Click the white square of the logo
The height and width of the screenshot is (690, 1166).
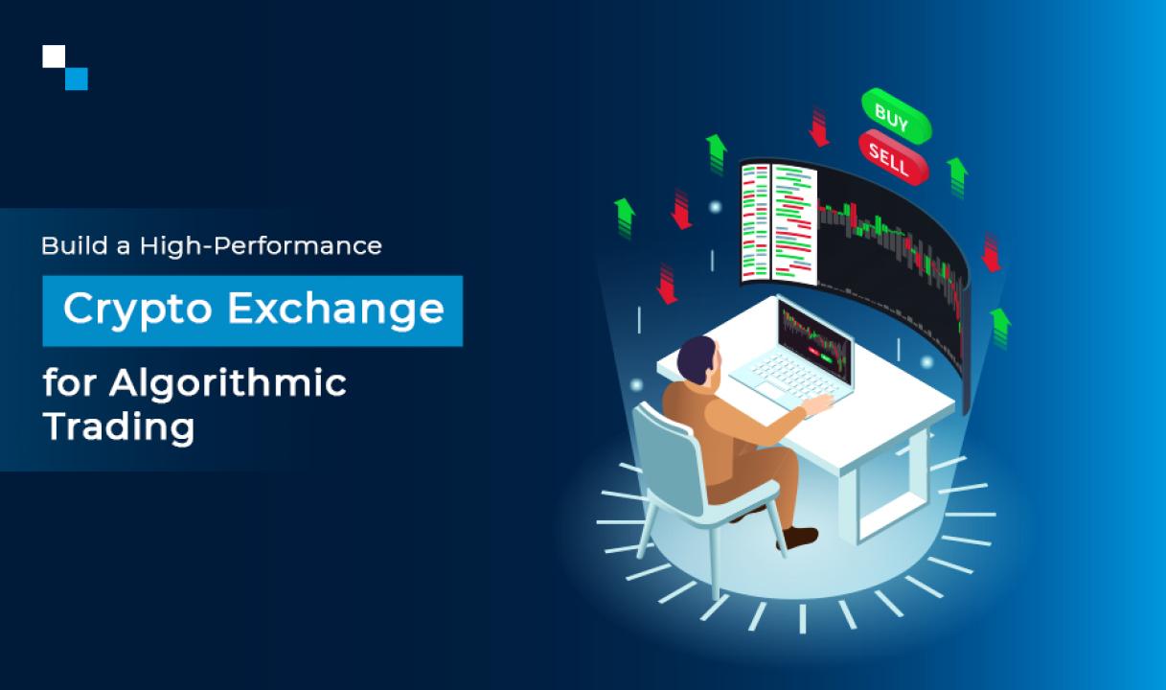pos(55,57)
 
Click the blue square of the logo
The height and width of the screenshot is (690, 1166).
pos(77,79)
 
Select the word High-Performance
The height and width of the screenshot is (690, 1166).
pos(261,246)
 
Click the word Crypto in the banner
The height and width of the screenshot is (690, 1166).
pos(138,310)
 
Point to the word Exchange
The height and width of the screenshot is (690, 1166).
pos(335,310)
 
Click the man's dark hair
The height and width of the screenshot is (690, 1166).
pos(695,358)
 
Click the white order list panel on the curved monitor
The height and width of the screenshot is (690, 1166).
pos(778,224)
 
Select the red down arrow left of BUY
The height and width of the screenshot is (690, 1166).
pos(819,127)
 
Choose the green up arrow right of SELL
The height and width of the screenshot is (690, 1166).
pos(957,176)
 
